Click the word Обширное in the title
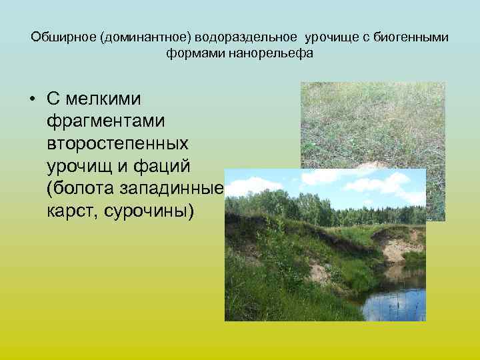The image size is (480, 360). click(x=63, y=37)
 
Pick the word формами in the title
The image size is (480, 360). click(x=194, y=53)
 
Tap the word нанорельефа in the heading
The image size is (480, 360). click(x=269, y=53)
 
